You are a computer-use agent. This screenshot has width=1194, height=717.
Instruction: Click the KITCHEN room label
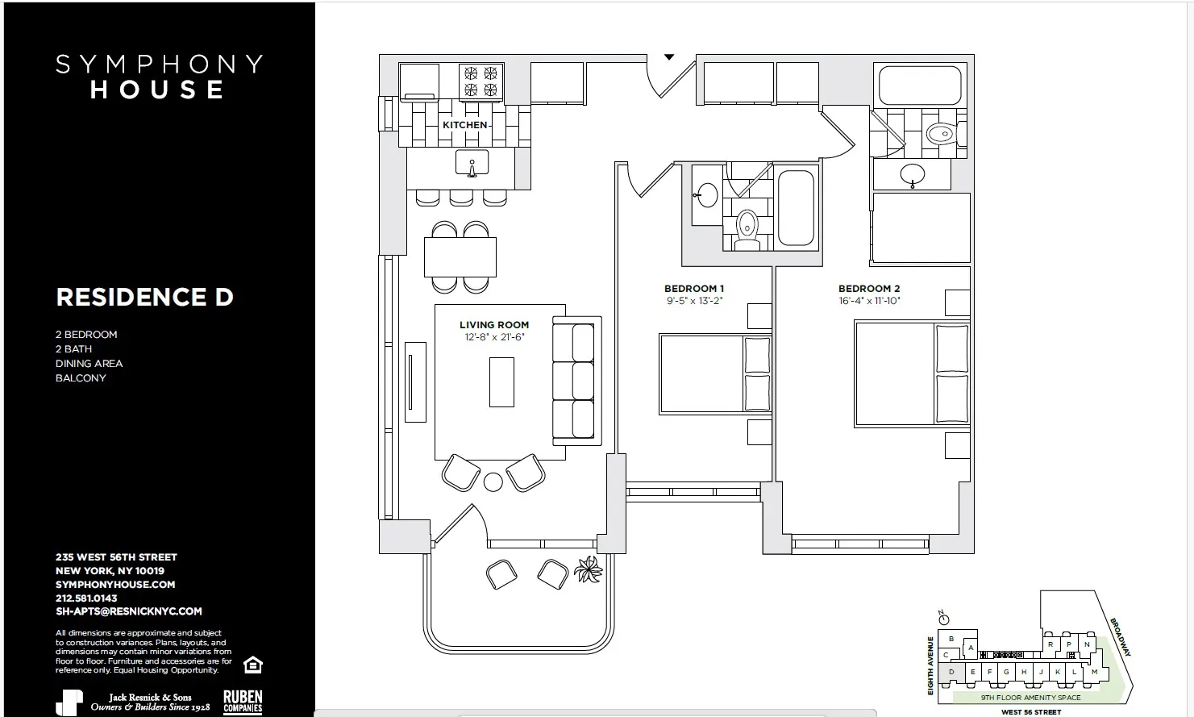click(x=465, y=125)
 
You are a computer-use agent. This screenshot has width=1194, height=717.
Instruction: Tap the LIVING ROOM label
click(x=494, y=325)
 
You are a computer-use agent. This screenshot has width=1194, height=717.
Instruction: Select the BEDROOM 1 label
click(x=694, y=289)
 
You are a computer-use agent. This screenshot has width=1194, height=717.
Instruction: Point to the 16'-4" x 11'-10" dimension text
click(x=869, y=301)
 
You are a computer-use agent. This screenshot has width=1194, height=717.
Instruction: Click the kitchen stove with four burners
click(x=481, y=81)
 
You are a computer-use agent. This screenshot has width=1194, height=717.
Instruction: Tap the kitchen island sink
click(x=472, y=164)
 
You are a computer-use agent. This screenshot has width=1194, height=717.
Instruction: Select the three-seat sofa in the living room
click(x=576, y=380)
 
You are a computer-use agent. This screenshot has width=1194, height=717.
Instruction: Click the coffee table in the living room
click(x=501, y=382)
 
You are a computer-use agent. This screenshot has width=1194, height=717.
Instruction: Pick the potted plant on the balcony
click(x=588, y=570)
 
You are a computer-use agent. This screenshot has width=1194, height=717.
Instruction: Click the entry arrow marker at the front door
click(x=669, y=57)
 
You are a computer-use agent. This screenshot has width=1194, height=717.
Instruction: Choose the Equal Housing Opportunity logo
click(x=253, y=665)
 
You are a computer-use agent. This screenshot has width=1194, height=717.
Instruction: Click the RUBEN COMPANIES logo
click(x=243, y=702)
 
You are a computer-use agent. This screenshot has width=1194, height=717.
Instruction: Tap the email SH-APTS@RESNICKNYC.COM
click(x=129, y=611)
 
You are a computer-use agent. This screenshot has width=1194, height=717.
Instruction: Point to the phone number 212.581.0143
click(x=86, y=598)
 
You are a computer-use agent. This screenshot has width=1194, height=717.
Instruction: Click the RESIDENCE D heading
click(x=144, y=297)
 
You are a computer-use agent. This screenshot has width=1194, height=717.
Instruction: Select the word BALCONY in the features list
click(x=81, y=378)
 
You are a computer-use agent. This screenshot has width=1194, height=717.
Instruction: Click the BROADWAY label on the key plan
click(x=1121, y=637)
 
